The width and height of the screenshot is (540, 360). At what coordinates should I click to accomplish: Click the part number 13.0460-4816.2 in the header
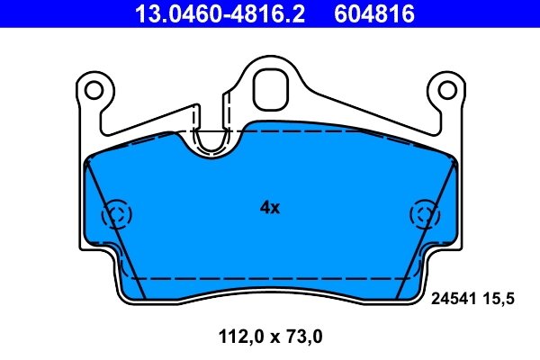[x=220, y=13]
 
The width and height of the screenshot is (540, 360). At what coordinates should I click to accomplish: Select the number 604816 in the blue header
[x=374, y=13]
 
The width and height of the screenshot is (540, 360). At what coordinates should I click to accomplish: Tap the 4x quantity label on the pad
[x=270, y=207]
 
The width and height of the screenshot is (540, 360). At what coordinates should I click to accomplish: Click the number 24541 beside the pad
[x=454, y=298]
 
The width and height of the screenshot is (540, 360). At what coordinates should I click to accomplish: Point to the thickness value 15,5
[x=498, y=299]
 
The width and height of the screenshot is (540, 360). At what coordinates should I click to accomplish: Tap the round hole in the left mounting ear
[x=94, y=91]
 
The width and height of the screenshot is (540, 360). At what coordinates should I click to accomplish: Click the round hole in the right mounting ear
[x=447, y=91]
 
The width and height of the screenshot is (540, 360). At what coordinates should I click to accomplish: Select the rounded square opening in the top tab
[x=270, y=89]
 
